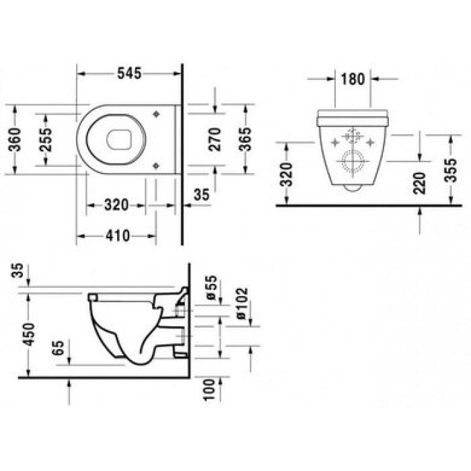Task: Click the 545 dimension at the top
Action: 129,74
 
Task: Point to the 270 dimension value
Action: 215,139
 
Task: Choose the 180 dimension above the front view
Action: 352,79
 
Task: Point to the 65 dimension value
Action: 59,349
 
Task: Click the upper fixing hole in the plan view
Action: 157,114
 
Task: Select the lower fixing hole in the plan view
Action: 157,164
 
